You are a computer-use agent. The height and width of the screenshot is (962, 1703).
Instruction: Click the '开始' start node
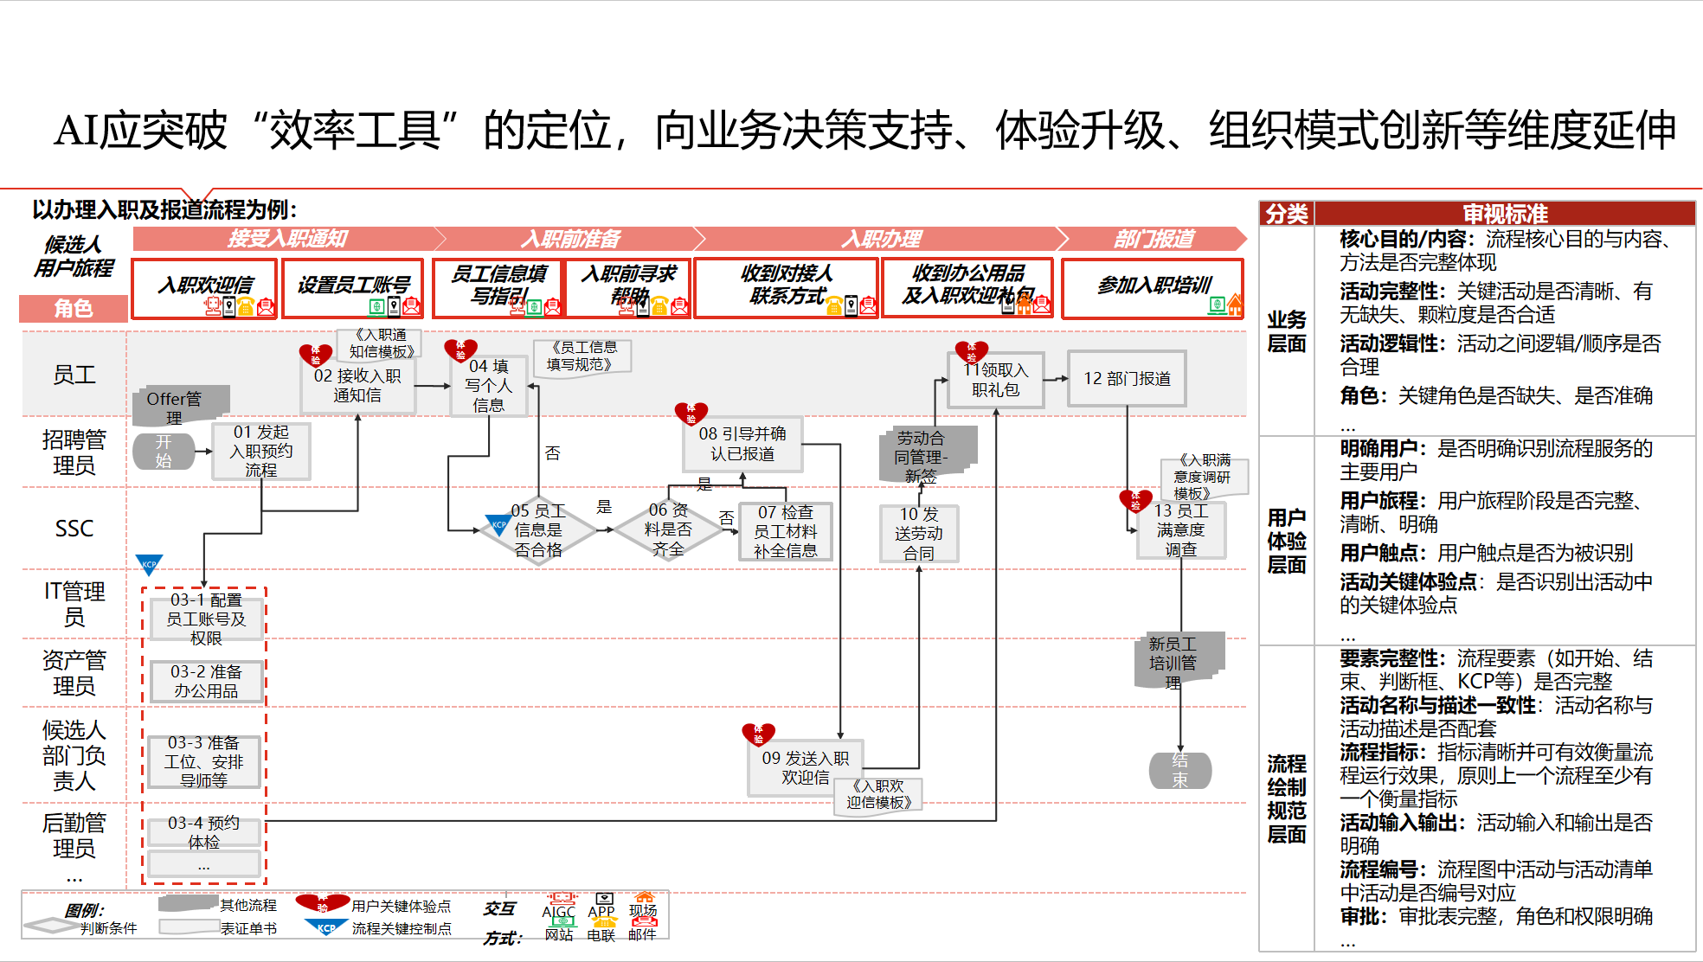pyautogui.click(x=164, y=451)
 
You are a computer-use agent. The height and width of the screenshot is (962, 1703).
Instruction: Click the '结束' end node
pyautogui.click(x=1179, y=770)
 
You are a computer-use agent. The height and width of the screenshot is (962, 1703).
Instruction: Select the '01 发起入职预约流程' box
pyautogui.click(x=260, y=451)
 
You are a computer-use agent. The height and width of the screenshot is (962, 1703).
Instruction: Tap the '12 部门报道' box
pyautogui.click(x=1127, y=379)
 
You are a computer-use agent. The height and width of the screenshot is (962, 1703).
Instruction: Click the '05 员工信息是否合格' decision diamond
pyautogui.click(x=537, y=530)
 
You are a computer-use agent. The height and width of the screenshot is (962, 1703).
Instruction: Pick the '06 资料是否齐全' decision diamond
pyautogui.click(x=668, y=529)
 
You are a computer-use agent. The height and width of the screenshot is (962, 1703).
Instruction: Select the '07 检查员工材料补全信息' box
pyautogui.click(x=785, y=531)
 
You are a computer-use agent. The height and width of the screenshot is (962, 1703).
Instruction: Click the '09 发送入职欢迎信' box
pyautogui.click(x=805, y=767)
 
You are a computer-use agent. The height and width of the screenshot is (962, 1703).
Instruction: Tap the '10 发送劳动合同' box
pyautogui.click(x=918, y=534)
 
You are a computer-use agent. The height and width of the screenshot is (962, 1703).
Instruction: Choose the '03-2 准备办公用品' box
pyautogui.click(x=205, y=681)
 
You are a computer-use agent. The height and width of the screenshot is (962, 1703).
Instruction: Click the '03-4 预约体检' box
pyautogui.click(x=203, y=832)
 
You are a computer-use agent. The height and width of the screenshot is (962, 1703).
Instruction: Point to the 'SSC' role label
pyautogui.click(x=74, y=529)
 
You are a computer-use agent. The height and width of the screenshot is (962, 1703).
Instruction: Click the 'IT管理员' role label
pyautogui.click(x=74, y=604)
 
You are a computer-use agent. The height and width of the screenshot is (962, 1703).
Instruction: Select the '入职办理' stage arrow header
pyautogui.click(x=881, y=239)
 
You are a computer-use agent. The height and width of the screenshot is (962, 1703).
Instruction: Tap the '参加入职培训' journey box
pyautogui.click(x=1153, y=287)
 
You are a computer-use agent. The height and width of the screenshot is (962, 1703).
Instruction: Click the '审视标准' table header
pyautogui.click(x=1504, y=214)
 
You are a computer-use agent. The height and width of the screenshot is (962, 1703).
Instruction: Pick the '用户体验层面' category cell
pyautogui.click(x=1286, y=541)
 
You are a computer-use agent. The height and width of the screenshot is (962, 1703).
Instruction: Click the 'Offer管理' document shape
pyautogui.click(x=179, y=406)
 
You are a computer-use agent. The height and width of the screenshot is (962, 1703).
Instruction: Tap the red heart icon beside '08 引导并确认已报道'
pyautogui.click(x=691, y=414)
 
